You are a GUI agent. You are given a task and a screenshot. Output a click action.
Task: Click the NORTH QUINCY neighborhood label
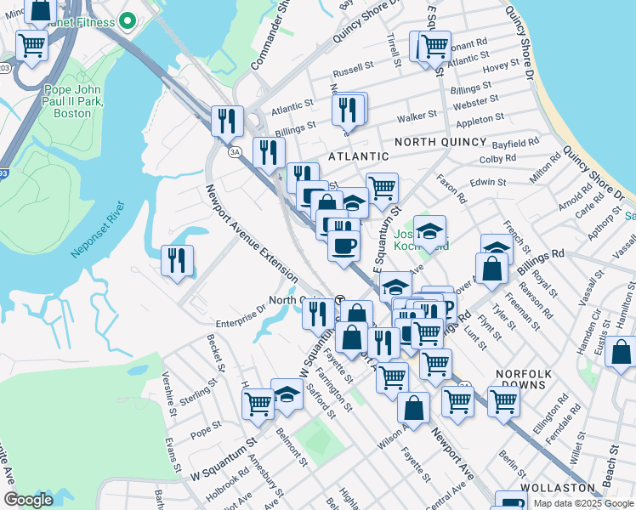coord(440,142)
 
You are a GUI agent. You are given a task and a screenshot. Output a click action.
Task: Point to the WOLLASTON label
coord(558,488)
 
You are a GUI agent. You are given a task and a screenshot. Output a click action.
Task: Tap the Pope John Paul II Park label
coord(60,100)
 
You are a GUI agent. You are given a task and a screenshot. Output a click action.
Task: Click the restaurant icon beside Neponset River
coord(177,259)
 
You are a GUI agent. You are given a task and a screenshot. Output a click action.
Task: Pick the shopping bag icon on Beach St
coord(622,351)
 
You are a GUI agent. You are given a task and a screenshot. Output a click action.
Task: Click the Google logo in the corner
coord(29,500)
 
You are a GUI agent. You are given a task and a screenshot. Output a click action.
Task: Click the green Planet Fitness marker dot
coord(128,21)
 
